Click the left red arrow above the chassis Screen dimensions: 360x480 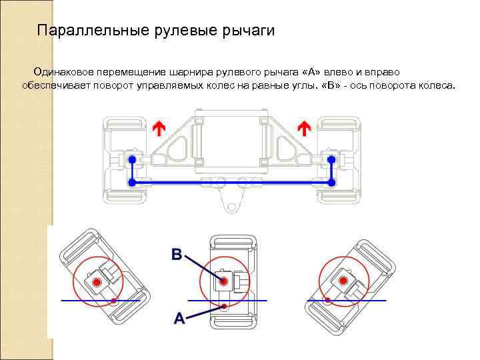tap(159, 129)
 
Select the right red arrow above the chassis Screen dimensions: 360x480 tap(304, 129)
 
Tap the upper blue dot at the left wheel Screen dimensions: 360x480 tap(132, 160)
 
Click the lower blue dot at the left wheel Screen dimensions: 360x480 tap(132, 181)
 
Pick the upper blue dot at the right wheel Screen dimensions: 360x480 tap(331, 160)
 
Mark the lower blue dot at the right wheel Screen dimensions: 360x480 tap(331, 181)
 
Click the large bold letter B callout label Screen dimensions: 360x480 tap(177, 254)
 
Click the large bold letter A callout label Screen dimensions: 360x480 tap(179, 319)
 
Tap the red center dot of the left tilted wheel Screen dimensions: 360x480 tap(97, 283)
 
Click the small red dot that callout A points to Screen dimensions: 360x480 tap(225, 306)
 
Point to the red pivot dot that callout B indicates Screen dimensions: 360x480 tap(226, 282)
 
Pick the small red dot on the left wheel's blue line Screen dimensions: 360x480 tap(114, 301)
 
